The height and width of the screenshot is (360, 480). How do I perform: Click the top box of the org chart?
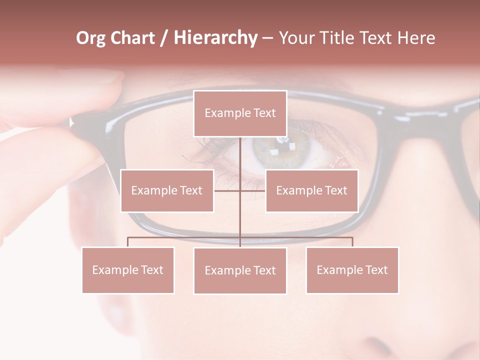240,113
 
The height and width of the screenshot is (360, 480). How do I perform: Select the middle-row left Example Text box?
167,190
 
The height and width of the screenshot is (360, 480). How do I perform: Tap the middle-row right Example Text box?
311,190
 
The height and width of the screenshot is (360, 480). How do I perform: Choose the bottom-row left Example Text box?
128,270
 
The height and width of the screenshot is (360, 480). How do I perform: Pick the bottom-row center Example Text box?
240,270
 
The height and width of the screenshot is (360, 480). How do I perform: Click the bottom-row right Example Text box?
352,270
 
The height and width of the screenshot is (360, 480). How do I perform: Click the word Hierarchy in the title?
215,38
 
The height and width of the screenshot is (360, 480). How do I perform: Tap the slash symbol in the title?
164,38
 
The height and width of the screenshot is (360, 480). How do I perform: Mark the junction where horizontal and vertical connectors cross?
240,190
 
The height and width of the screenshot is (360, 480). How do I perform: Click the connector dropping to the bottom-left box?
128,242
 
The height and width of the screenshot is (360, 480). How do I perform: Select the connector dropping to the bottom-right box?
352,242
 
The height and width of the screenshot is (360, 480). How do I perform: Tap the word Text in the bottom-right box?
376,270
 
